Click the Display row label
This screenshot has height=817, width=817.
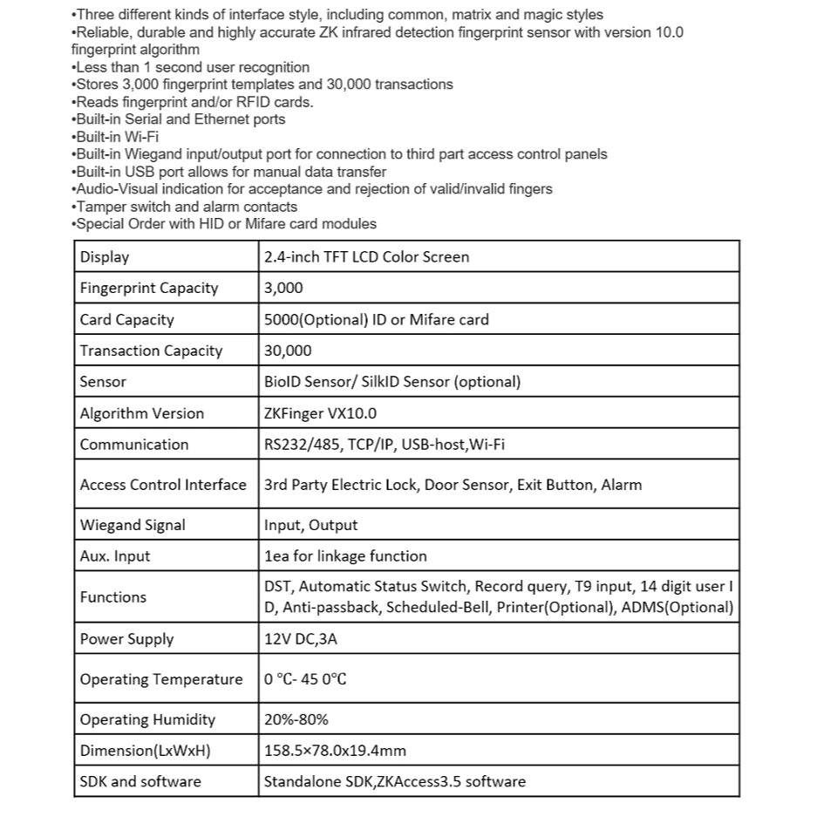pyautogui.click(x=105, y=257)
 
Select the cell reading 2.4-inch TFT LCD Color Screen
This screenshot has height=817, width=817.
pyautogui.click(x=366, y=257)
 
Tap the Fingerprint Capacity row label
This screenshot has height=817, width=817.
pyautogui.click(x=149, y=289)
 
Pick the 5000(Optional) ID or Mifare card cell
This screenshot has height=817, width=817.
pyautogui.click(x=377, y=320)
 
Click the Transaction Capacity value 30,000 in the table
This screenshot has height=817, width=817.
pyautogui.click(x=288, y=351)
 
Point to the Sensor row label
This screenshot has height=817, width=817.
pyautogui.click(x=103, y=382)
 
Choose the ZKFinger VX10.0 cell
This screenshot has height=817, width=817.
pyautogui.click(x=321, y=413)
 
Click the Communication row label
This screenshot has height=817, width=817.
pyautogui.click(x=134, y=445)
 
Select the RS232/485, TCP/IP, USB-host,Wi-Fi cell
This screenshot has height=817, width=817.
pyautogui.click(x=385, y=445)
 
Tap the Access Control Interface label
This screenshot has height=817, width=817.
pyautogui.click(x=163, y=485)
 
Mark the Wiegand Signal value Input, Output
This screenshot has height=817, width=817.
pyautogui.click(x=311, y=525)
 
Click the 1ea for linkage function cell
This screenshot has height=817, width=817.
pyautogui.click(x=345, y=556)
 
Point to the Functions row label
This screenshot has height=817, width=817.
pyautogui.click(x=113, y=597)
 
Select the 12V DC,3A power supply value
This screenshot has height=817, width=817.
pyautogui.click(x=301, y=639)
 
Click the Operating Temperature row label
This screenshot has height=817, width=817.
pyautogui.click(x=161, y=679)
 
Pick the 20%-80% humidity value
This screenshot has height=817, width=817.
pyautogui.click(x=296, y=720)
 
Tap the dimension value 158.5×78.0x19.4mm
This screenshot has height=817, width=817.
pyautogui.click(x=335, y=751)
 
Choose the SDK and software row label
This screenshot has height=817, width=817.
pyautogui.click(x=140, y=781)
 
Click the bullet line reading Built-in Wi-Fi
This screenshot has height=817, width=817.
pyautogui.click(x=117, y=137)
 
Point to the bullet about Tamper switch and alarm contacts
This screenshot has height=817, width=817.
pyautogui.click(x=186, y=207)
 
